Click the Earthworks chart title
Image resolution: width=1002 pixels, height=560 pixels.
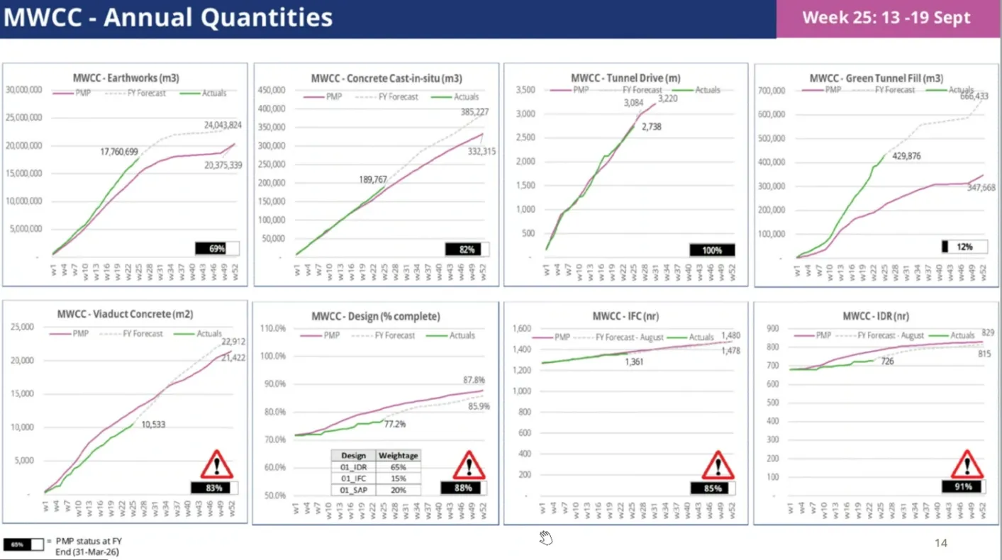click(126, 78)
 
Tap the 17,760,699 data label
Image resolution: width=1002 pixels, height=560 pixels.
click(126, 152)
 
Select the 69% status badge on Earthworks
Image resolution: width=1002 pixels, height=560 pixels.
click(216, 249)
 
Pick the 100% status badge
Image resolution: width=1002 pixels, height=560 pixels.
click(712, 250)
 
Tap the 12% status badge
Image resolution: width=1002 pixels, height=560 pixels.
click(963, 247)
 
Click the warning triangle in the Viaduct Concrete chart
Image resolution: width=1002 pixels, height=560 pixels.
click(216, 465)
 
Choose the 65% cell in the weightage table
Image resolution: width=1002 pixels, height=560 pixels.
click(399, 467)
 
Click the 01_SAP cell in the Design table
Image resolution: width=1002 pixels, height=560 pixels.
click(353, 490)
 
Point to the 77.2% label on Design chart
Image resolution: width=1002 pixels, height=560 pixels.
click(394, 424)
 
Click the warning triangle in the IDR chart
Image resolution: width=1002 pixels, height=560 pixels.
click(967, 465)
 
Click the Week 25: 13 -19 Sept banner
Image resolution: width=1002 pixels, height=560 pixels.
click(886, 18)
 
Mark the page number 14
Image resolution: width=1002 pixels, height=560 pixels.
click(940, 543)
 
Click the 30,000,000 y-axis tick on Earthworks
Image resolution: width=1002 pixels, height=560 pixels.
click(24, 90)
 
